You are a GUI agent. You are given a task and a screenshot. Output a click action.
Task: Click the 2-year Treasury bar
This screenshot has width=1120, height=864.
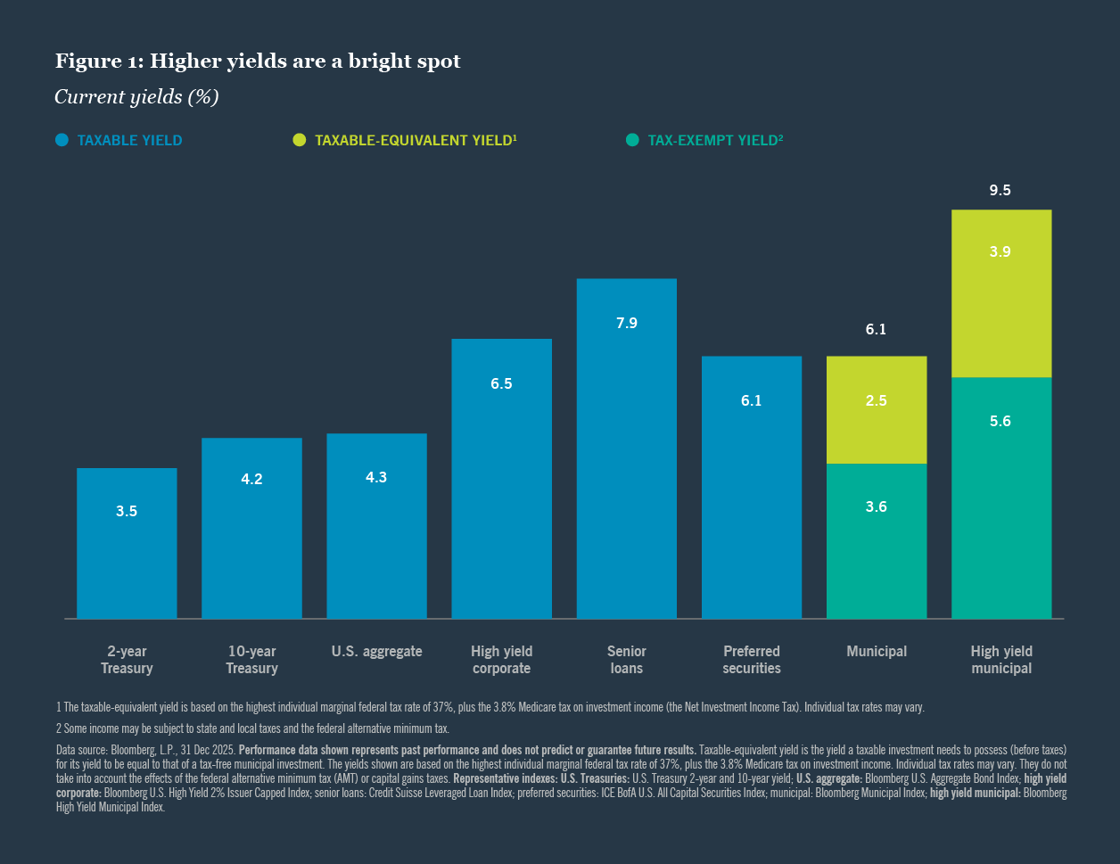click(x=127, y=543)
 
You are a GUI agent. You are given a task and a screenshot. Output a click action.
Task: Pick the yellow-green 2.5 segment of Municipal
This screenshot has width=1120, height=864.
click(x=877, y=410)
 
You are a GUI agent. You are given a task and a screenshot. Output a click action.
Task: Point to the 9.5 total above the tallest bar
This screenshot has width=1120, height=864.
click(x=1001, y=191)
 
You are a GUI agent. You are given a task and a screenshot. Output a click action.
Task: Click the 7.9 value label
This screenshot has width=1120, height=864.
click(x=627, y=323)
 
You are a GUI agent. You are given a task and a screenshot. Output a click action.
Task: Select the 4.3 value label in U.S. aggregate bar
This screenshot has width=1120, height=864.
click(x=376, y=477)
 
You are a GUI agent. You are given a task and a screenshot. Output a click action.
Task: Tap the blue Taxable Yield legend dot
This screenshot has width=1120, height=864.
click(x=62, y=140)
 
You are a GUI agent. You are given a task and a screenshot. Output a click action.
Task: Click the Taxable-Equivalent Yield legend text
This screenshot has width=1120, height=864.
click(x=416, y=140)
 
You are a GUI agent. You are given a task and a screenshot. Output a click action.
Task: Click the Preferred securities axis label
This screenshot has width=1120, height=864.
click(x=752, y=660)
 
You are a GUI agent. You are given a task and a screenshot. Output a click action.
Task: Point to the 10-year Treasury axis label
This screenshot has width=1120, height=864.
click(x=251, y=660)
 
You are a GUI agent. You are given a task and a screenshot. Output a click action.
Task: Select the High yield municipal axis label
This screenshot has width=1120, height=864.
click(x=1001, y=660)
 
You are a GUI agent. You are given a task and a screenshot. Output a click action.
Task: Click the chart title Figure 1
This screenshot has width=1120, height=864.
click(x=258, y=61)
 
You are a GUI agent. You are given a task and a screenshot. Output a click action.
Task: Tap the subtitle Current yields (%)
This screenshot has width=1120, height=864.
click(x=136, y=97)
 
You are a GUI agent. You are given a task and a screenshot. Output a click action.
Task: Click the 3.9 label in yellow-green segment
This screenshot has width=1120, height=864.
click(x=1001, y=251)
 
